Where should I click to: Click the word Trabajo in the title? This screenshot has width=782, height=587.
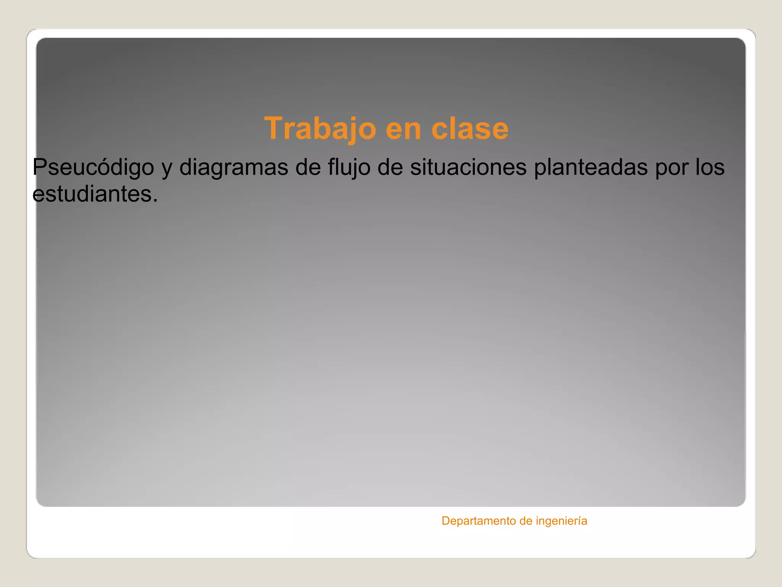pyautogui.click(x=320, y=129)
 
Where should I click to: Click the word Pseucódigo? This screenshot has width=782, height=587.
pyautogui.click(x=93, y=168)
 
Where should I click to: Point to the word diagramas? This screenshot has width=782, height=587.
pyautogui.click(x=233, y=168)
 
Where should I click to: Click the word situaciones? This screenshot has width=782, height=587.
pyautogui.click(x=468, y=168)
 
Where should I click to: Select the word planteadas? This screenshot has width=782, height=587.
pyautogui.click(x=590, y=168)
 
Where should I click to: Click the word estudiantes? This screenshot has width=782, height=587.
pyautogui.click(x=92, y=194)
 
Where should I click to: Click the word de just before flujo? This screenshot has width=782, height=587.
pyautogui.click(x=308, y=168)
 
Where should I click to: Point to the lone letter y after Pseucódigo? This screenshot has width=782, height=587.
pyautogui.click(x=166, y=170)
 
